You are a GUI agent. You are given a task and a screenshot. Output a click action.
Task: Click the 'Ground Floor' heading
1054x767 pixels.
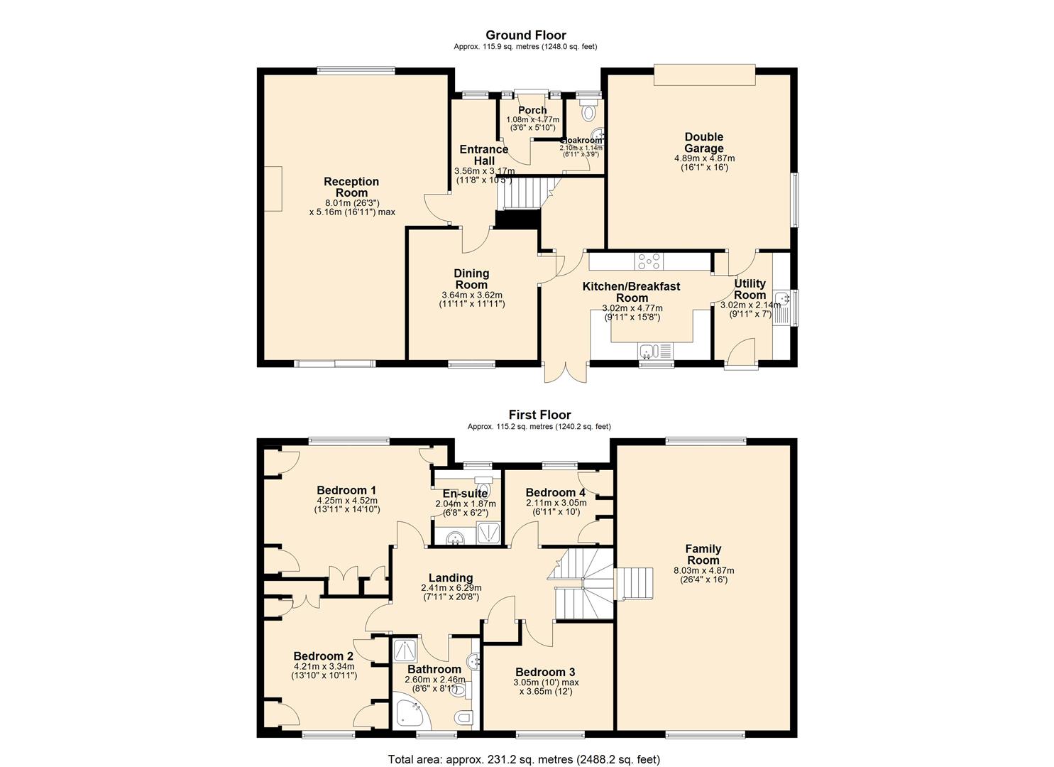pyautogui.click(x=525, y=35)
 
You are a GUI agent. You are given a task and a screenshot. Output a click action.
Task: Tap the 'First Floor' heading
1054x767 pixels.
pyautogui.click(x=539, y=415)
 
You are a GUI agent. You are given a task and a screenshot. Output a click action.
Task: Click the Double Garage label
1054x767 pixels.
pyautogui.click(x=703, y=142)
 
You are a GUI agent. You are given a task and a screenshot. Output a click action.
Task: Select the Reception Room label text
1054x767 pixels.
pyautogui.click(x=351, y=187)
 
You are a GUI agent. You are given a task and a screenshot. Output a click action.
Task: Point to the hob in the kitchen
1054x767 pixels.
pyautogui.click(x=649, y=262)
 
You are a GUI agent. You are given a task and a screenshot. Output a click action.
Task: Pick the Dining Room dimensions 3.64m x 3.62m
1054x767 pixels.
pyautogui.click(x=471, y=295)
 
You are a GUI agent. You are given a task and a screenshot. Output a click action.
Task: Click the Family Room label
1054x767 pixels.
pyautogui.click(x=703, y=554)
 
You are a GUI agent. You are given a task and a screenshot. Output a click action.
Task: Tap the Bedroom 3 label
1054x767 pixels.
pyautogui.click(x=545, y=672)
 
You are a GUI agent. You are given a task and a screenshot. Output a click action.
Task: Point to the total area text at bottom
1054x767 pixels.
pyautogui.click(x=525, y=759)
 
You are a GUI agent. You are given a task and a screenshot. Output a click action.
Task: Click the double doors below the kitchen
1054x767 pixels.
pyautogui.click(x=566, y=374)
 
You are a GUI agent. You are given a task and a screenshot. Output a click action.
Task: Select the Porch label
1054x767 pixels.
pyautogui.click(x=532, y=110)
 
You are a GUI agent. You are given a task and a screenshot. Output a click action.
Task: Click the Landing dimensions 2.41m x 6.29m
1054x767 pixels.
pyautogui.click(x=451, y=588)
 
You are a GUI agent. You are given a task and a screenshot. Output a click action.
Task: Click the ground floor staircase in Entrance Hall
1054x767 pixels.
pyautogui.click(x=524, y=193)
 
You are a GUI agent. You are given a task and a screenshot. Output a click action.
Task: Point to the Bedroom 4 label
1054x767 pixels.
pyautogui.click(x=555, y=492)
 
